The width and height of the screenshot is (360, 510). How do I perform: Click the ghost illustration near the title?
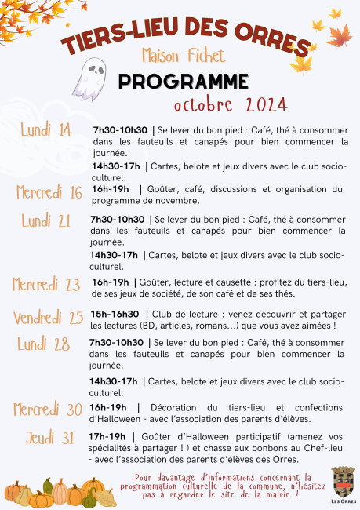point(89,75)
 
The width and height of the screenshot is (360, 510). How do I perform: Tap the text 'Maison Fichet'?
point(183,56)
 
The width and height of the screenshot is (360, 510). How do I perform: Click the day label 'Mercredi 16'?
point(49,192)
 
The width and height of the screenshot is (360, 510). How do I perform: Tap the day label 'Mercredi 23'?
point(47,283)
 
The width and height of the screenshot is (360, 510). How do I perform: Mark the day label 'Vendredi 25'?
point(48,317)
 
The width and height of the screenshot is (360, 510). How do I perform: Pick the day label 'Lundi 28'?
point(44,344)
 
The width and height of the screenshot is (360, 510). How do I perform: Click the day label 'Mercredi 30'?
point(48,409)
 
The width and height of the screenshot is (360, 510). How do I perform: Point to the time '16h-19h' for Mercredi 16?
point(111,189)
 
